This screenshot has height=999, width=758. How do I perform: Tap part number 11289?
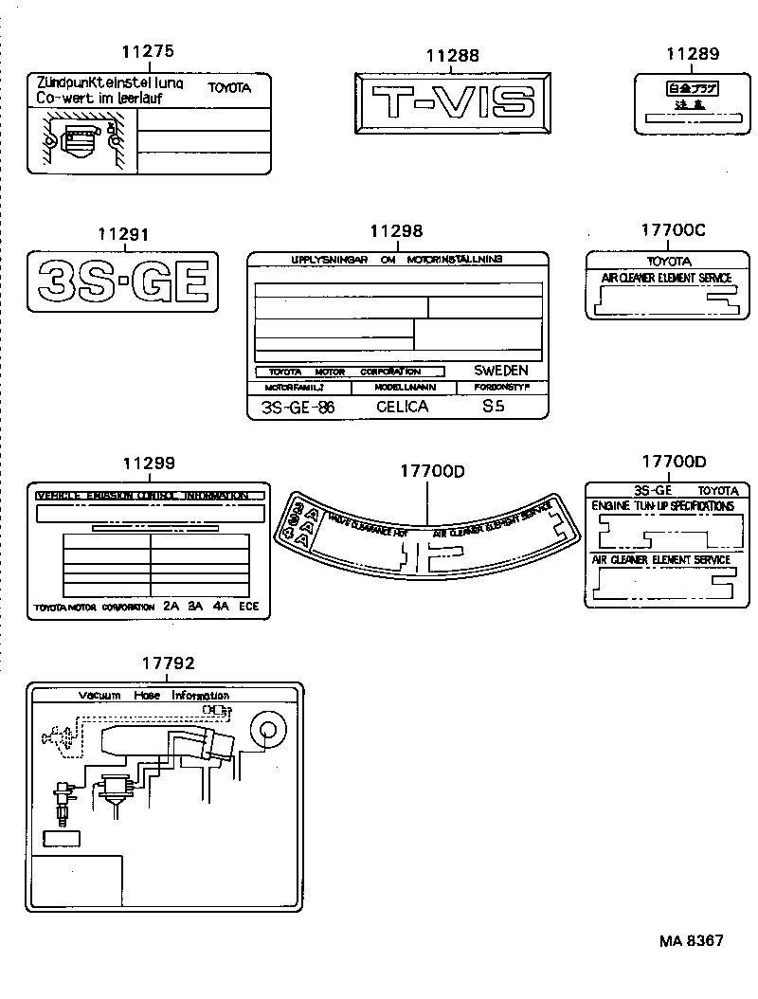click(692, 55)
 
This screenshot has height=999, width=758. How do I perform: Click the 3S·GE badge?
click(123, 282)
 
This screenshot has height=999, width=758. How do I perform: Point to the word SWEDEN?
click(500, 371)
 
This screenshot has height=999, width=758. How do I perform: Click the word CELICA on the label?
click(402, 407)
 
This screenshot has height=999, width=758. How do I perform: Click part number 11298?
click(396, 230)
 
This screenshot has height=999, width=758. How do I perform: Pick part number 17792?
click(168, 664)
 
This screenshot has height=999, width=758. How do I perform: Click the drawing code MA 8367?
click(692, 941)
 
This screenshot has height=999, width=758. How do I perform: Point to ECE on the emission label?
click(248, 606)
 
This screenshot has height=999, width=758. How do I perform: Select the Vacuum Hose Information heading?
click(153, 696)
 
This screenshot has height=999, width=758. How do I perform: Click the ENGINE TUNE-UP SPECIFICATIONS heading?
click(662, 507)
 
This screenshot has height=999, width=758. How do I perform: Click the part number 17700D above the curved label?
click(431, 470)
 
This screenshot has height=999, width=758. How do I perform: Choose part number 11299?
click(149, 463)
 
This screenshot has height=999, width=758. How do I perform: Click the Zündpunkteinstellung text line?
click(110, 83)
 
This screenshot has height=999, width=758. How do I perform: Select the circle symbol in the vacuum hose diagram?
click(266, 730)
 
